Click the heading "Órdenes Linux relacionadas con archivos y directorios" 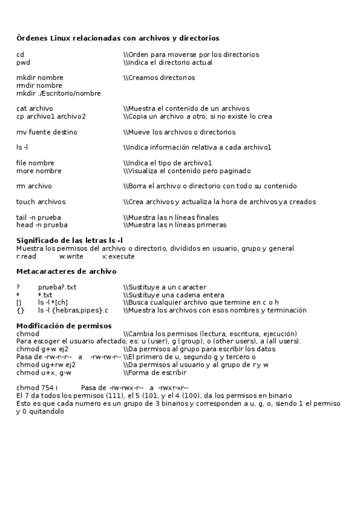pos(117,38)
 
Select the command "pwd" pos(23,63)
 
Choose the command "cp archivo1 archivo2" pos(50,117)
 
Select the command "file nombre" pos(35,163)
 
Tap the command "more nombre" pos(38,171)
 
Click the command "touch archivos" pos(41,202)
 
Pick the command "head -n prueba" pos(41,225)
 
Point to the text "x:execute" pos(118,256)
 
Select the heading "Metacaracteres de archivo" pos(66,271)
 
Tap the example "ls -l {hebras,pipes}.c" pos(73,310)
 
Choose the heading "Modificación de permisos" pos(64,326)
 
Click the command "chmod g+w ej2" pos(42,349)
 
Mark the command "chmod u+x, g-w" pos(44,372)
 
